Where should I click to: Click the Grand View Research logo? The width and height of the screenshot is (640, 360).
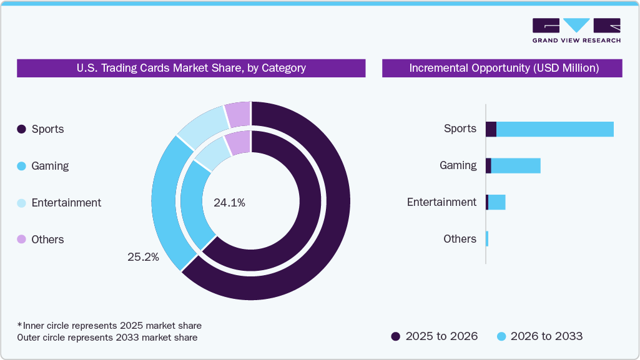click(x=576, y=30)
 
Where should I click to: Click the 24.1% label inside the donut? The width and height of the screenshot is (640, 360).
click(x=229, y=202)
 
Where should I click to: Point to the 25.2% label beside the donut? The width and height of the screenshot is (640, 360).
click(x=144, y=256)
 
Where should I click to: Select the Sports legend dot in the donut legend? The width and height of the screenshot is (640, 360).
click(x=21, y=129)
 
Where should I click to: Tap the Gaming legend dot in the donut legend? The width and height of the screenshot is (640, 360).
click(x=21, y=166)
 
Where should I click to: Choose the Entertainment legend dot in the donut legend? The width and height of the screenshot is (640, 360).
click(x=21, y=203)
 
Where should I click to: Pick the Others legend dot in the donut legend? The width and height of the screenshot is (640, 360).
click(x=21, y=240)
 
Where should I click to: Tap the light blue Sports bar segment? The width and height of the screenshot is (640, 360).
click(x=554, y=129)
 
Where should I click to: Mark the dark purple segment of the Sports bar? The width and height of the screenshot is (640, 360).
click(x=491, y=129)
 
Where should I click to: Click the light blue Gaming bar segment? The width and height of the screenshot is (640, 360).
click(x=515, y=165)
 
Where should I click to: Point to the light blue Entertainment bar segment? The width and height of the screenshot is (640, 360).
click(x=496, y=202)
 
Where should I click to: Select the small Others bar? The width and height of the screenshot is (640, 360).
click(x=487, y=239)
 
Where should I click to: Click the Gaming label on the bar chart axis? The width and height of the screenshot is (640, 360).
click(x=458, y=165)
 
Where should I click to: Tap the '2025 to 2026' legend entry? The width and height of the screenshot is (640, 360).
click(x=434, y=336)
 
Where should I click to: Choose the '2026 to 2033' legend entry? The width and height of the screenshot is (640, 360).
click(x=539, y=336)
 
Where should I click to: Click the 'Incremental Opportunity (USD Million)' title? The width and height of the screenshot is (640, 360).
click(x=503, y=68)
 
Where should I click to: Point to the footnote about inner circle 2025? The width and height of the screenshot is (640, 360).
click(x=109, y=326)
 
